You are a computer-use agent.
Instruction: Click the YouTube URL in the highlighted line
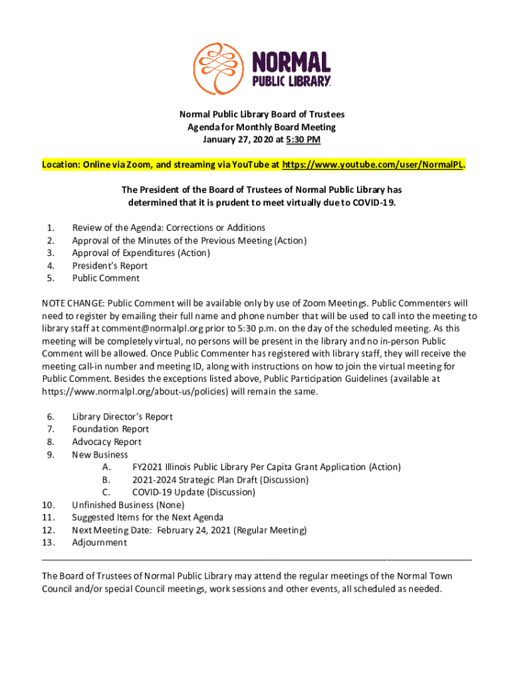click(x=372, y=164)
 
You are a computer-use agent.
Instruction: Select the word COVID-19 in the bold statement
click(x=374, y=202)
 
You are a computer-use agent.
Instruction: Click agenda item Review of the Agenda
click(x=168, y=227)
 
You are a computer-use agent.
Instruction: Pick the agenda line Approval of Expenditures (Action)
click(x=141, y=253)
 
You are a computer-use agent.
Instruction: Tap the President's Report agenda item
click(x=110, y=265)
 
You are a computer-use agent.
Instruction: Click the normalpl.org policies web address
click(x=136, y=392)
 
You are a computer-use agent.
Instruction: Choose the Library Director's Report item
click(x=122, y=417)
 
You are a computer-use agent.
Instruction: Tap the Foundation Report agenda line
click(x=110, y=430)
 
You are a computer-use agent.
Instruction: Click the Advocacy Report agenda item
click(x=106, y=442)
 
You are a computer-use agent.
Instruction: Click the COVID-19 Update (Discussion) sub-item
click(x=193, y=493)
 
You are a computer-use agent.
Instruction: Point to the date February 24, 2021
click(x=199, y=531)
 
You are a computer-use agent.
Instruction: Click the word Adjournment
click(x=99, y=543)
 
